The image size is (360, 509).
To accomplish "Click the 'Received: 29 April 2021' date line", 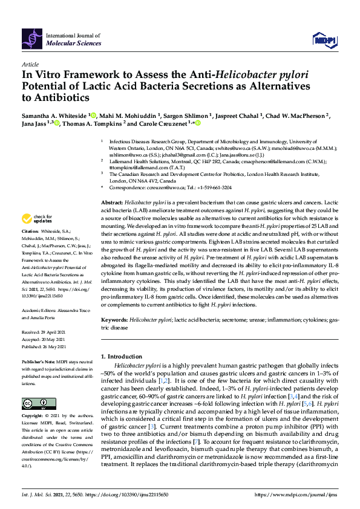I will click(45, 332).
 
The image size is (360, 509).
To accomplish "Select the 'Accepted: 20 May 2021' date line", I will click(46, 339).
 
